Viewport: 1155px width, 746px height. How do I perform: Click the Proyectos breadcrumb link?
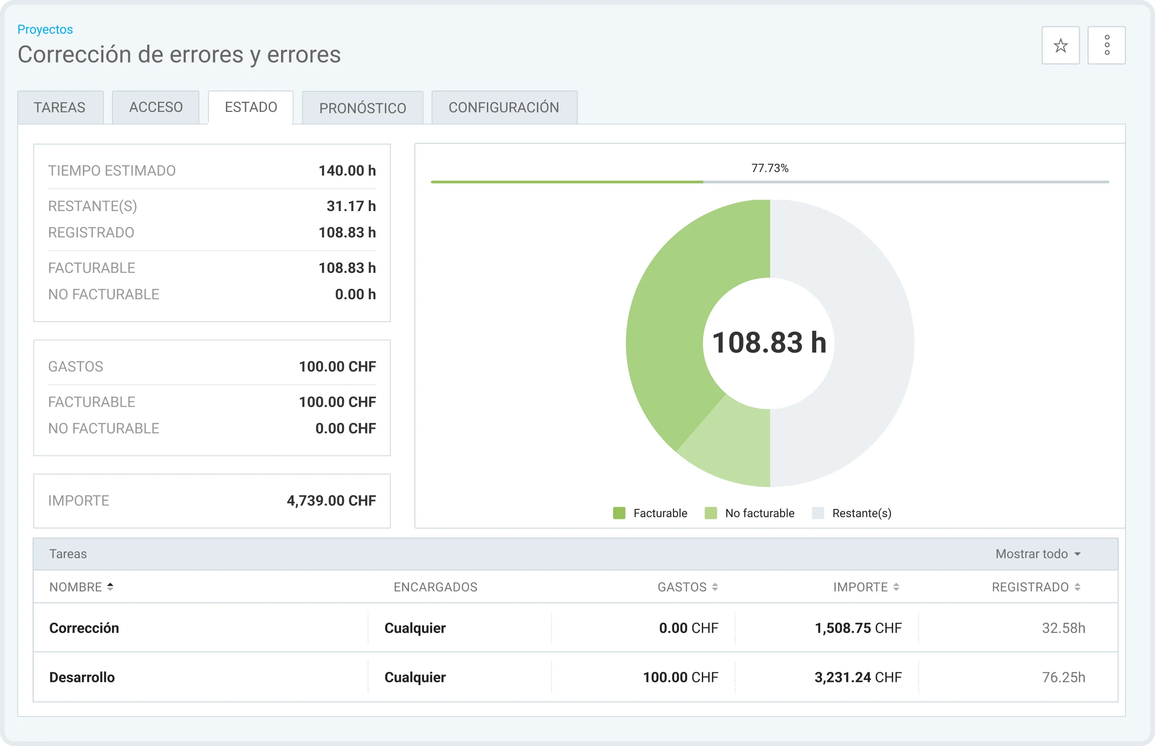45,30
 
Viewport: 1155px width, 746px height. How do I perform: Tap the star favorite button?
1060,45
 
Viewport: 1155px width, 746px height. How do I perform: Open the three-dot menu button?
1107,45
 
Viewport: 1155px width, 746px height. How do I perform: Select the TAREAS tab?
60,107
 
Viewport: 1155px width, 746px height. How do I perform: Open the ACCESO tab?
156,107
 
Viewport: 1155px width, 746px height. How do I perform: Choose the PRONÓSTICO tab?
363,107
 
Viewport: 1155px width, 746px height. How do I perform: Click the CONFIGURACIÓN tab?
504,107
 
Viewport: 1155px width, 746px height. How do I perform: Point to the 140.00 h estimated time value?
347,171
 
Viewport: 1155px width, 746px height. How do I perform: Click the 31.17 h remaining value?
351,206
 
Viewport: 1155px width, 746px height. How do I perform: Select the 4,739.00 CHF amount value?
331,500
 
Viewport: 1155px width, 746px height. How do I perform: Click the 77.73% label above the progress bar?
770,168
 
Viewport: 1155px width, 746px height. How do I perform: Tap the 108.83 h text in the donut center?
769,343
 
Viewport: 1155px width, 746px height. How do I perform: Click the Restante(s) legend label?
862,513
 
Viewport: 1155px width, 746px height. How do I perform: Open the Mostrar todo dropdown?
1037,554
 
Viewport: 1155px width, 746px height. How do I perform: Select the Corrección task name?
84,628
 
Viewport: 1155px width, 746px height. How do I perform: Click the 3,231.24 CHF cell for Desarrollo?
858,677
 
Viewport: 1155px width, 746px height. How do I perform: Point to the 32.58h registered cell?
1063,628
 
